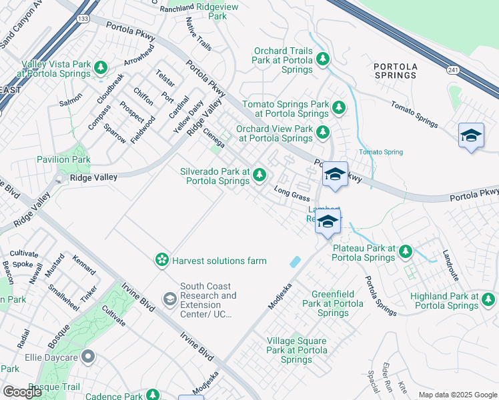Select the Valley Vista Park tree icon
[x=101, y=67]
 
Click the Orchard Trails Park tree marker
[x=324, y=59]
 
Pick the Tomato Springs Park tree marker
[x=339, y=107]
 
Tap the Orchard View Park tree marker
[x=323, y=132]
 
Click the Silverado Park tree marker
[x=260, y=175]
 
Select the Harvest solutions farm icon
[x=161, y=260]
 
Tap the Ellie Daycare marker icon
[x=87, y=357]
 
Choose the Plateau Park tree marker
[x=405, y=251]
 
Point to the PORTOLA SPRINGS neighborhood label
[x=396, y=71]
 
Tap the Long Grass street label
[x=292, y=195]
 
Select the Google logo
[x=23, y=391]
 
